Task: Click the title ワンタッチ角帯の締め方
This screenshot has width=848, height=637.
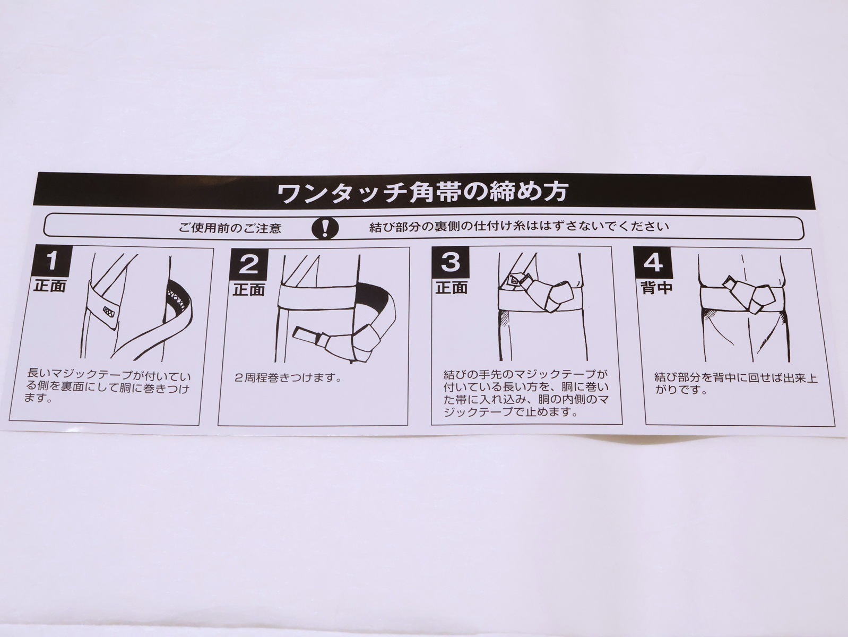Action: [x=423, y=192]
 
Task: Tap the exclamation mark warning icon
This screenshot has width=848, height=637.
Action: [x=325, y=228]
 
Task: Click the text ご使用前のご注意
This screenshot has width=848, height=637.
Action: [x=230, y=228]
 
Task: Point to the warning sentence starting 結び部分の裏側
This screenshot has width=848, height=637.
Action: [x=519, y=227]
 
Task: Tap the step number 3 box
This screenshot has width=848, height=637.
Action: [x=451, y=262]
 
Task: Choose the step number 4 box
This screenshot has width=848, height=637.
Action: [x=653, y=262]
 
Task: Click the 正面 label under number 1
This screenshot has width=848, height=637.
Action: [x=50, y=286]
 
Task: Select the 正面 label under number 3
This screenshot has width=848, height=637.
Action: [x=452, y=288]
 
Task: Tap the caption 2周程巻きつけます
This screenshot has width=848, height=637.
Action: [x=288, y=377]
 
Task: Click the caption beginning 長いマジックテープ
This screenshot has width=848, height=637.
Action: [x=107, y=386]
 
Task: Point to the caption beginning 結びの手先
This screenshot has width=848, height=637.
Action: [x=526, y=393]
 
